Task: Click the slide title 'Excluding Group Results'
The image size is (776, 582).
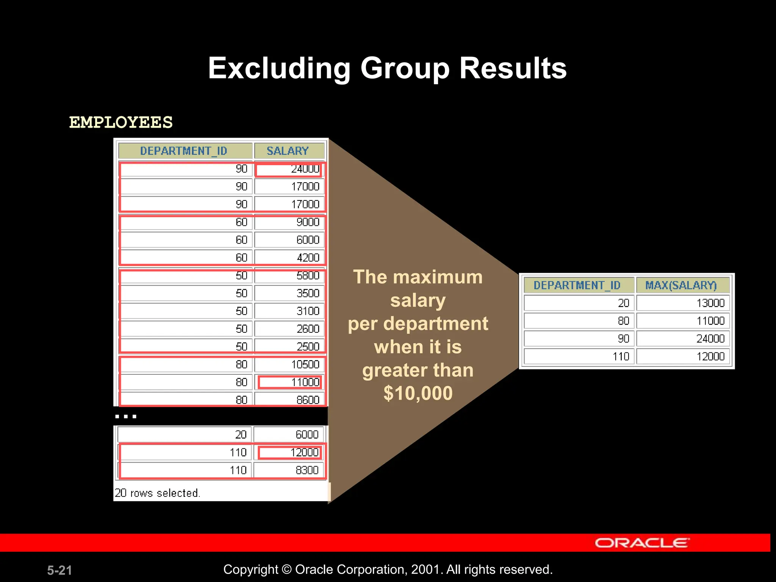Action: click(x=387, y=69)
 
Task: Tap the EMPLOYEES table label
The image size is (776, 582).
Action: click(x=121, y=123)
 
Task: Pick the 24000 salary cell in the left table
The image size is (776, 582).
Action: click(x=289, y=169)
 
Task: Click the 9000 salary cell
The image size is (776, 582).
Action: click(x=289, y=222)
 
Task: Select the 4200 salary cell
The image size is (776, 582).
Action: click(x=289, y=258)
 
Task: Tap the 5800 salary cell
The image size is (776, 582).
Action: click(x=289, y=275)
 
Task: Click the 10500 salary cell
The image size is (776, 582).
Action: click(x=289, y=365)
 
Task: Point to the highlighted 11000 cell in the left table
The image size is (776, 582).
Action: click(x=290, y=382)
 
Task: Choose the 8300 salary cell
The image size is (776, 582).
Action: click(x=289, y=470)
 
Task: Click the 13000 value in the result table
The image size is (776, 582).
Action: click(x=683, y=303)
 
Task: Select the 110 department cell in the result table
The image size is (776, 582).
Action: click(x=579, y=357)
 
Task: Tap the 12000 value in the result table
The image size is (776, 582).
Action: click(x=683, y=357)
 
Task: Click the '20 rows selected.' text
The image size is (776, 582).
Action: click(x=157, y=493)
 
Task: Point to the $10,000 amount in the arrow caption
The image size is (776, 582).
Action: click(x=418, y=393)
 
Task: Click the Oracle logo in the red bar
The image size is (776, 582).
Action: click(x=642, y=543)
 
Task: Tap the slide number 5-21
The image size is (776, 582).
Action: click(x=59, y=570)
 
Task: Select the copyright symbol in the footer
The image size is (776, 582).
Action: click(x=287, y=569)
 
